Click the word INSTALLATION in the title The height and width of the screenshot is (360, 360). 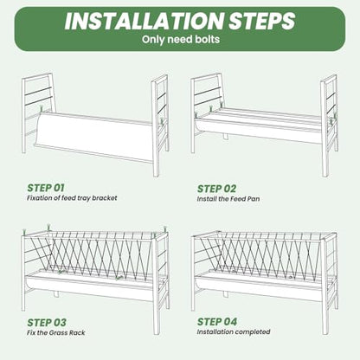pos(144,21)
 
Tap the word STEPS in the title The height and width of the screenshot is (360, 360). pos(261,21)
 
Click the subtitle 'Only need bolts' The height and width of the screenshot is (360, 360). pos(181,39)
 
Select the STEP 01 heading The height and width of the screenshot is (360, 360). pos(46,188)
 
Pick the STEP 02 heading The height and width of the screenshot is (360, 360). pos(216,189)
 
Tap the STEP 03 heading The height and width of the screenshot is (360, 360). pos(47,322)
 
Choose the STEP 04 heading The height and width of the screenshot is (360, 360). pos(217,321)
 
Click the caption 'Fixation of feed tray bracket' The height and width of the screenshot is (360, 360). pos(72,198)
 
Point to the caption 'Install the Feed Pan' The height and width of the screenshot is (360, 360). pos(228,199)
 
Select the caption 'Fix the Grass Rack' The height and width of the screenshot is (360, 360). pos(56,332)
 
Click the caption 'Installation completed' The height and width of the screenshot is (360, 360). pos(234,331)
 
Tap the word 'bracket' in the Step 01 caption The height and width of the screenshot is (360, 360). pos(106,198)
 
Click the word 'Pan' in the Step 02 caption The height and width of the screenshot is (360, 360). pos(253,199)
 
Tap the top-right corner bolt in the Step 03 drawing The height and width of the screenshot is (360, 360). pos(165,229)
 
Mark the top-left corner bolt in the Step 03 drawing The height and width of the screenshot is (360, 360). pos(24,232)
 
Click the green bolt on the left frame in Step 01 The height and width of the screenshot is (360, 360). pos(42,109)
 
